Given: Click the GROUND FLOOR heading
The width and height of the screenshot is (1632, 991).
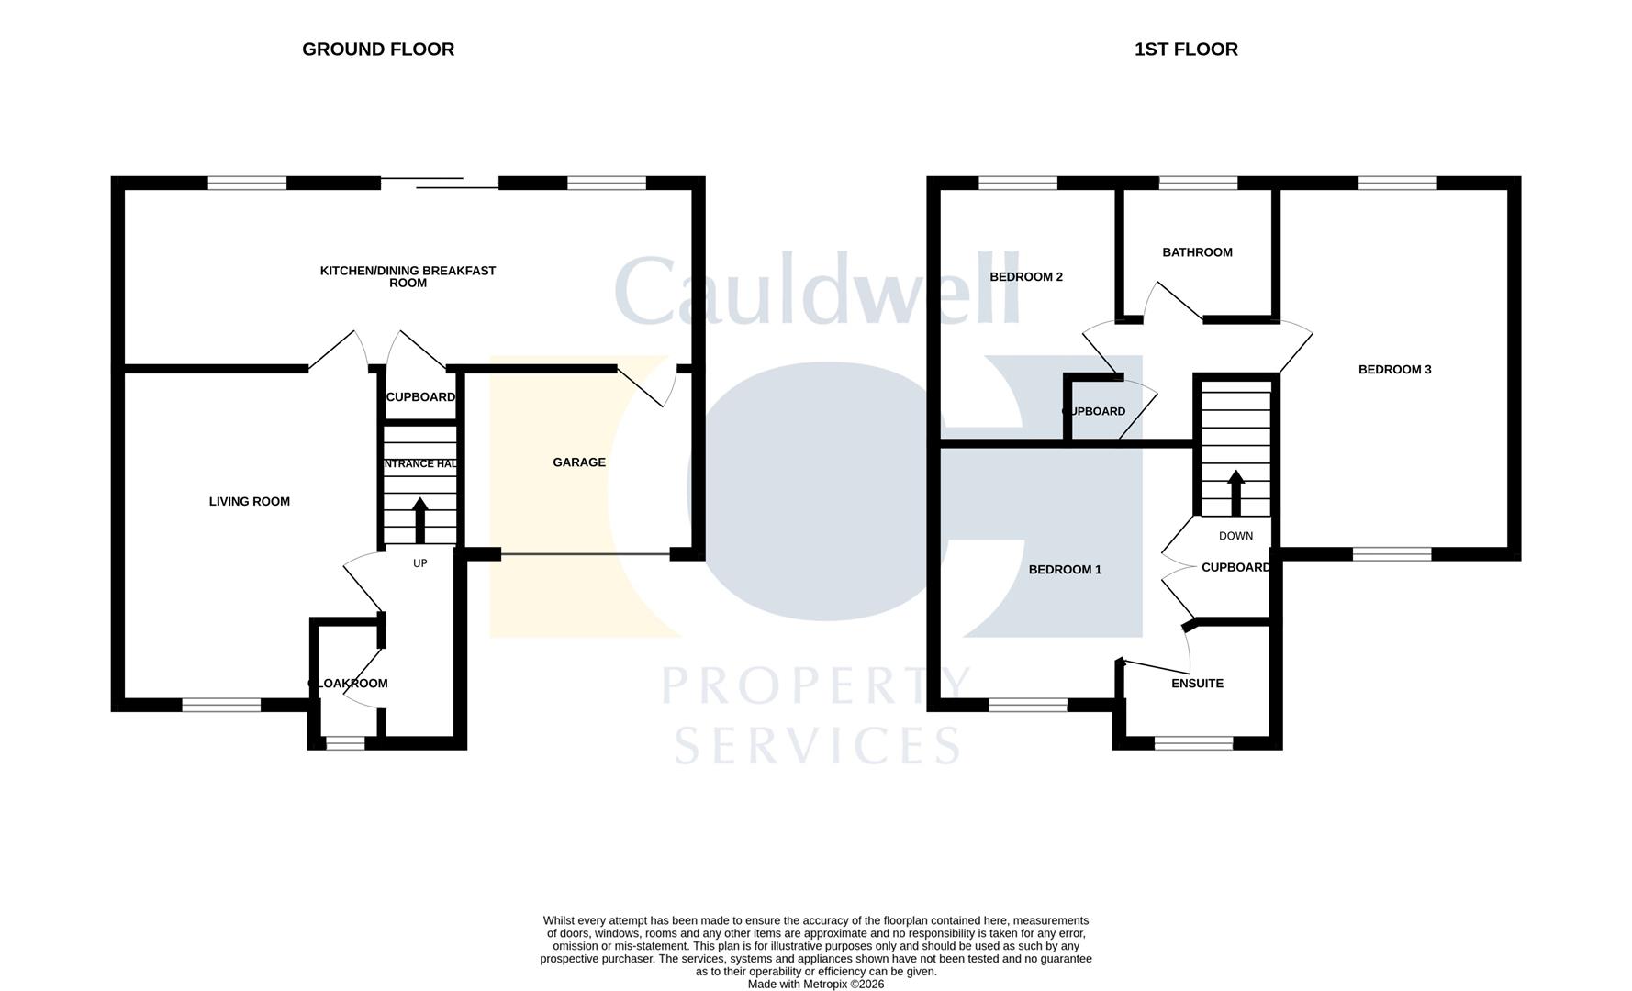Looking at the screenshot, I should point(378,50).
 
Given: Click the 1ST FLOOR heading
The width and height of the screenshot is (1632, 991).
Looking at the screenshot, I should point(1186,50).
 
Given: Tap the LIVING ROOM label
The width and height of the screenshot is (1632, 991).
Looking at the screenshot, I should point(250,501).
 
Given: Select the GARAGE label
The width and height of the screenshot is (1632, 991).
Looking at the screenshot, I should point(579,462).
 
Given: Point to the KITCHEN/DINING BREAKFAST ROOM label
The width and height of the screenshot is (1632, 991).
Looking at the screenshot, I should point(408,276).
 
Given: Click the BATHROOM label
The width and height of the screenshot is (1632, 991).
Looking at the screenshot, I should point(1197,252).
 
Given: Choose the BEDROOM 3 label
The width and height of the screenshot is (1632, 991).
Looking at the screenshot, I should point(1394,370).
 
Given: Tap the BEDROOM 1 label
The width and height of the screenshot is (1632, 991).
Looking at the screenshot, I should point(1065,570).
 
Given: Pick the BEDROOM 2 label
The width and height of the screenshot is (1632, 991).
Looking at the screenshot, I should point(1026,277).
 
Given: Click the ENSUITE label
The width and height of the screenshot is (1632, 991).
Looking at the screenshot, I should point(1197,684).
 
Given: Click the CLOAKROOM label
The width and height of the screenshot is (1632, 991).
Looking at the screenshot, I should point(348,684).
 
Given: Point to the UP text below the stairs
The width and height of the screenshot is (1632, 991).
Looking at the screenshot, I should point(420,563).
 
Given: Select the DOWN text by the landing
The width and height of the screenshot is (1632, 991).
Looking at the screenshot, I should point(1235,536).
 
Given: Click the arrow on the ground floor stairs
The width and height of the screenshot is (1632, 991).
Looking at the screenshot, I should point(420,519).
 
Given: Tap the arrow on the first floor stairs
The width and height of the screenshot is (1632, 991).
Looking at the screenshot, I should point(1235,492).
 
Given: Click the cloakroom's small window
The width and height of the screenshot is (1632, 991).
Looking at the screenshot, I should point(345,743).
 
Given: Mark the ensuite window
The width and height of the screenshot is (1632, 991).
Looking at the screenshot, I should point(1193,743).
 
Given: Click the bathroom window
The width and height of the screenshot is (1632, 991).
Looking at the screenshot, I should point(1198,183).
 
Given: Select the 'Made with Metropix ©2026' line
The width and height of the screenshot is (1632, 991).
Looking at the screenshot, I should point(816,984).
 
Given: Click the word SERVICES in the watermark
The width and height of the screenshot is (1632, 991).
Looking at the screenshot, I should point(817,745).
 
